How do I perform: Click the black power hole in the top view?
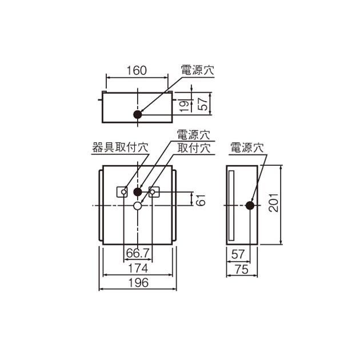point(137,114)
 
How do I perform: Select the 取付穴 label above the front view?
point(193,147)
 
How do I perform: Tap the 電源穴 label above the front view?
point(193,135)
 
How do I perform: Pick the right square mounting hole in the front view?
point(153,192)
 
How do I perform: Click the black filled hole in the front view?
point(137,191)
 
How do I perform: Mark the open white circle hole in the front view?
point(137,205)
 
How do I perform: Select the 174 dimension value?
point(137,267)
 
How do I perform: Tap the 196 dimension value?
point(137,282)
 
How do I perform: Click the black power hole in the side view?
point(249,205)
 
